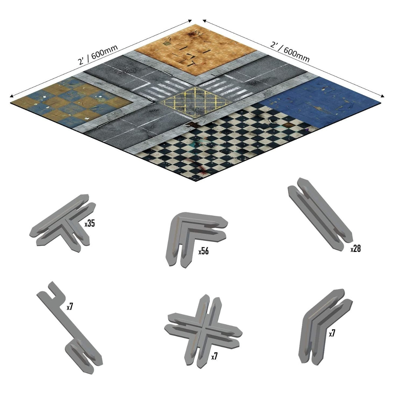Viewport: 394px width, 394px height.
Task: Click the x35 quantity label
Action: click(x=90, y=224)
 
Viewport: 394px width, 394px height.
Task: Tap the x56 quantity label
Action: click(x=204, y=251)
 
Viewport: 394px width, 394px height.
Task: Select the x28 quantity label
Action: click(x=356, y=249)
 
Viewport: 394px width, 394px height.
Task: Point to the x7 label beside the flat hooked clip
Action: click(x=70, y=307)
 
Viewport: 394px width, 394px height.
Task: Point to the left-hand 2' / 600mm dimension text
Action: click(x=98, y=55)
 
